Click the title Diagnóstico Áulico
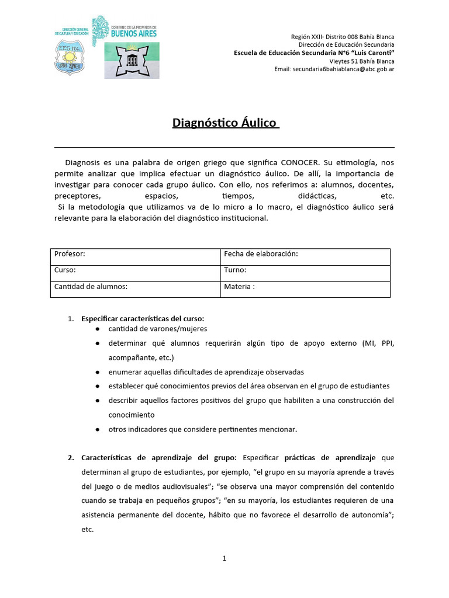click(226, 123)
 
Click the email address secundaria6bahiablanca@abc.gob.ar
click(334, 69)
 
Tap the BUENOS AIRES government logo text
click(134, 34)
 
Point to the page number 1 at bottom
click(224, 558)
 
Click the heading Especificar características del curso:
click(143, 319)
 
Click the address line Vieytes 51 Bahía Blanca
click(361, 61)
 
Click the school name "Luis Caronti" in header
click(369, 53)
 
